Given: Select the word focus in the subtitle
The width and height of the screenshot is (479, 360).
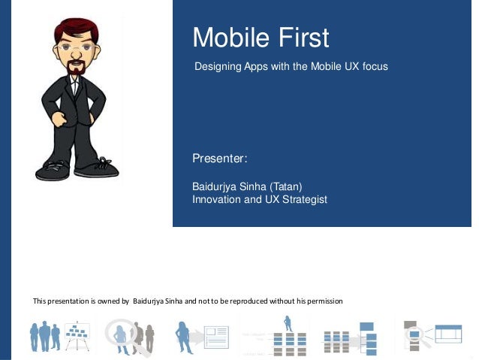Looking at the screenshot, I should click(x=375, y=67).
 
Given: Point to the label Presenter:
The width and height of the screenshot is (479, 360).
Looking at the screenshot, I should click(x=220, y=159).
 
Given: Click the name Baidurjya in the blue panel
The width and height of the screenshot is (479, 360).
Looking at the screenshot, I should click(x=216, y=186).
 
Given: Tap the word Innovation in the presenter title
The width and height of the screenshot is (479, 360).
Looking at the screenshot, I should click(x=218, y=199).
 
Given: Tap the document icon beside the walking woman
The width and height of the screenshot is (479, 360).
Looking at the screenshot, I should click(x=216, y=336).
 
